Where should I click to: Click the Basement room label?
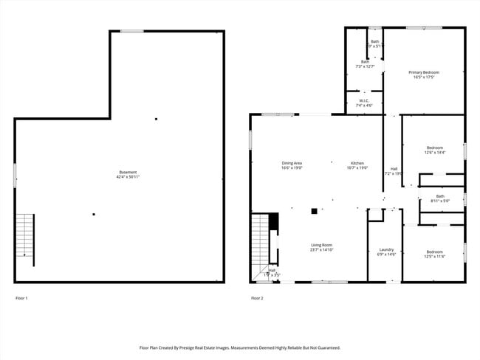[128, 173]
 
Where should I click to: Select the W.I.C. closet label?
[364, 100]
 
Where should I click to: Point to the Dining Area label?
[292, 163]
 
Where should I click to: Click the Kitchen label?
[357, 163]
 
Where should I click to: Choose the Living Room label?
[320, 245]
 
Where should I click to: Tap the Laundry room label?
[386, 249]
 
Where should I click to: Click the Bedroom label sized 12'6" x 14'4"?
[434, 148]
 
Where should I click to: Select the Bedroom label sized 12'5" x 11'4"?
[433, 252]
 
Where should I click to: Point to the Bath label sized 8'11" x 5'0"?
[440, 196]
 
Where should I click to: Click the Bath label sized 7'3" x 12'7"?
[365, 62]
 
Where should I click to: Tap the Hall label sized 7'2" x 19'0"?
[394, 169]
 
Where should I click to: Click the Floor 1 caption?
[21, 298]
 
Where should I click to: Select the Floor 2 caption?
[257, 298]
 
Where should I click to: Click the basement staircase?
[24, 235]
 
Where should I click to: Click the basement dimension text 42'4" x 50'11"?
[128, 178]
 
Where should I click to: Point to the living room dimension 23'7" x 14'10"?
[320, 250]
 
